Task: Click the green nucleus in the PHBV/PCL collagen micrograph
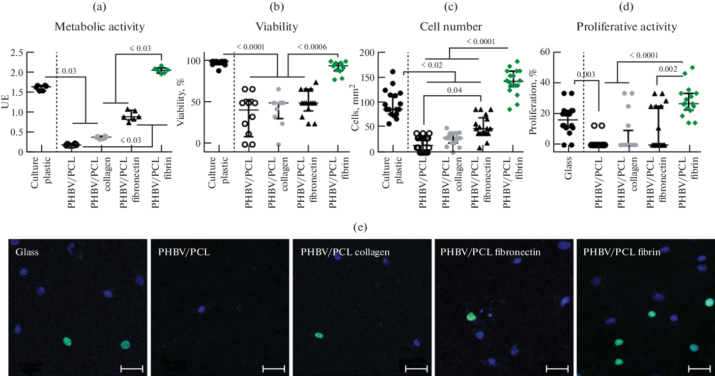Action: point(319,336)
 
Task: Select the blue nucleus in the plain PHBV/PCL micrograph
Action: point(201,309)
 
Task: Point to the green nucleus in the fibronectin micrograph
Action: point(471,317)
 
